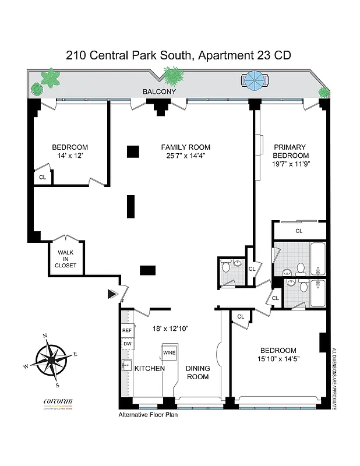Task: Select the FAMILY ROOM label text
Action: pyautogui.click(x=185, y=147)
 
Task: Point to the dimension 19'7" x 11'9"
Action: pyautogui.click(x=291, y=165)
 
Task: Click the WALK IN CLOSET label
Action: pyautogui.click(x=65, y=259)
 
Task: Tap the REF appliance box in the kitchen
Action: pyautogui.click(x=127, y=330)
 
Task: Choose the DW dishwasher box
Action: pyautogui.click(x=127, y=344)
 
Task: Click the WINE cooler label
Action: pyautogui.click(x=169, y=353)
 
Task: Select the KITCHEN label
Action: pyautogui.click(x=150, y=369)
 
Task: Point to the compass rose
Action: pyautogui.click(x=51, y=360)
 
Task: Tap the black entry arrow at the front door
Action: pyautogui.click(x=112, y=294)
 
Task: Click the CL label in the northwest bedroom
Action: pyautogui.click(x=42, y=177)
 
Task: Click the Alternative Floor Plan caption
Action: pyautogui.click(x=148, y=415)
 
